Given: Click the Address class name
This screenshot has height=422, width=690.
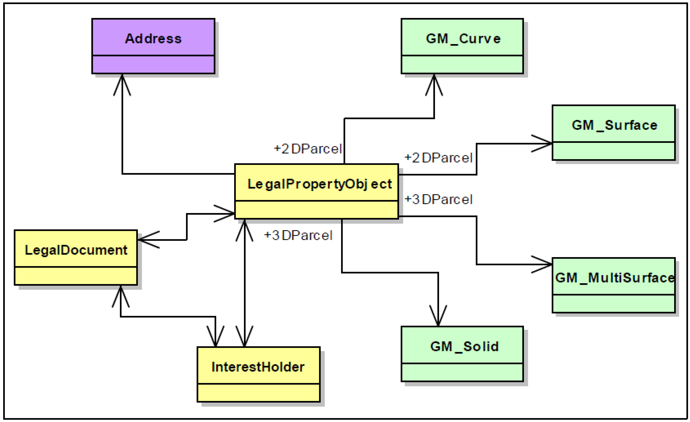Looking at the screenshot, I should [153, 38].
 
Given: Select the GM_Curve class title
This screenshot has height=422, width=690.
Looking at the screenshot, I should [463, 39].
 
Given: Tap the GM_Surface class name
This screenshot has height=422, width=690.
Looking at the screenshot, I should [614, 125].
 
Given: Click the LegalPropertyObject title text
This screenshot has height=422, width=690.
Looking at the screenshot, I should [319, 184].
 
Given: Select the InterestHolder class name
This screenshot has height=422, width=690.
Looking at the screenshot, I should [258, 367].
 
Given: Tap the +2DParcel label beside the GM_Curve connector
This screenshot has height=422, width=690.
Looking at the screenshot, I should [308, 149].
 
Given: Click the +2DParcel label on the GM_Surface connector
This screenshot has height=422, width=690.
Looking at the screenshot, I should [439, 158].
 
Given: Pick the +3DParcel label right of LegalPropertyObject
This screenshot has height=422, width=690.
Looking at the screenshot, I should [439, 199].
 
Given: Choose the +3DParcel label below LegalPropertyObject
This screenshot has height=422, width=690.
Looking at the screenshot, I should [298, 235].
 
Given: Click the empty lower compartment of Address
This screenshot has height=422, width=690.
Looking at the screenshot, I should [153, 64].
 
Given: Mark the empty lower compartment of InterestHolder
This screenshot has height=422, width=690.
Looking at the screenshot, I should [258, 393].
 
